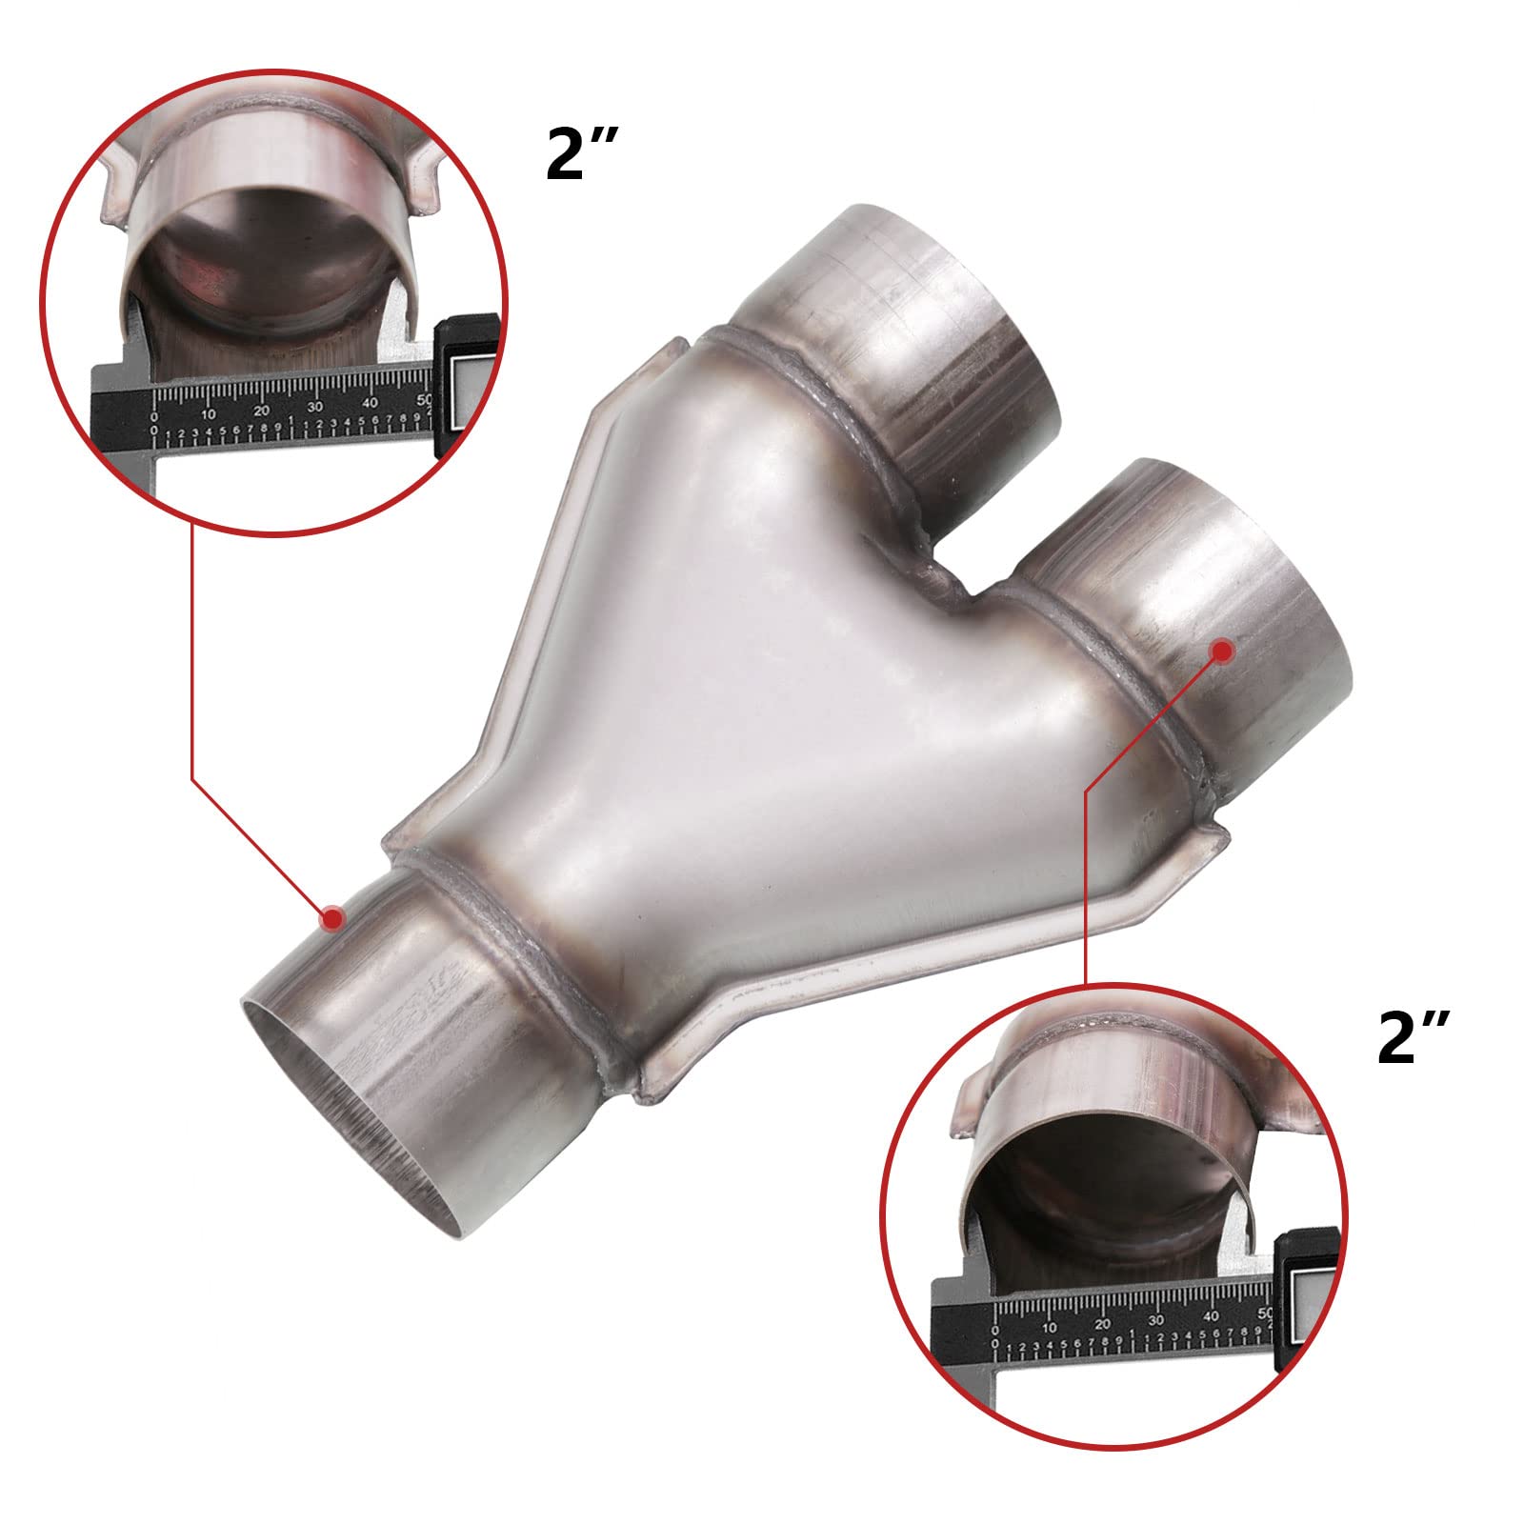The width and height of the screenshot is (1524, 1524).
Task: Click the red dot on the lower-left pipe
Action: pyautogui.click(x=332, y=918)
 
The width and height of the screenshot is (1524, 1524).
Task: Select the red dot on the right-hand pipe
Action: pyautogui.click(x=1222, y=650)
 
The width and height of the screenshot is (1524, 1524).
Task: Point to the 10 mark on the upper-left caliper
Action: pyautogui.click(x=209, y=414)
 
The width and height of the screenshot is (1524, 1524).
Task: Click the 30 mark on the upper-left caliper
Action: pyautogui.click(x=316, y=410)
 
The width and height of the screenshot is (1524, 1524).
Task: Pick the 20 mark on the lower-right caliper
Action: pyautogui.click(x=1102, y=1325)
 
